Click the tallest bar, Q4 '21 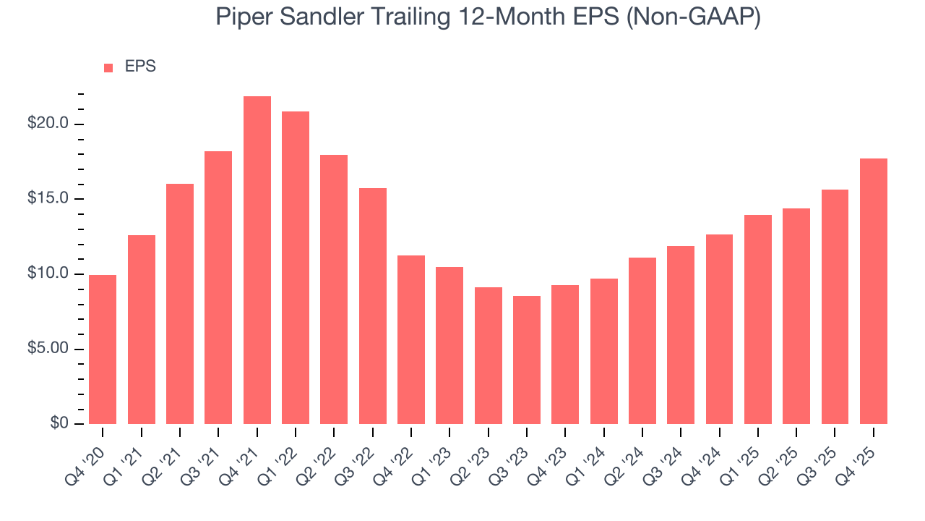pos(257,260)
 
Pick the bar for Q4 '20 pos(103,350)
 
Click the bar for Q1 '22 pos(296,268)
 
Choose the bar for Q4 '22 pos(411,339)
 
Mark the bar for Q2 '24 pos(642,341)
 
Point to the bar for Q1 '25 pos(758,319)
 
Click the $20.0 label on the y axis pos(48,124)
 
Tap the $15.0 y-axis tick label pos(48,199)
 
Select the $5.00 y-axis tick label pos(48,349)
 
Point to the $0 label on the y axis pos(59,423)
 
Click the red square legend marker pos(108,67)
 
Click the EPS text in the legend pos(140,67)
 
